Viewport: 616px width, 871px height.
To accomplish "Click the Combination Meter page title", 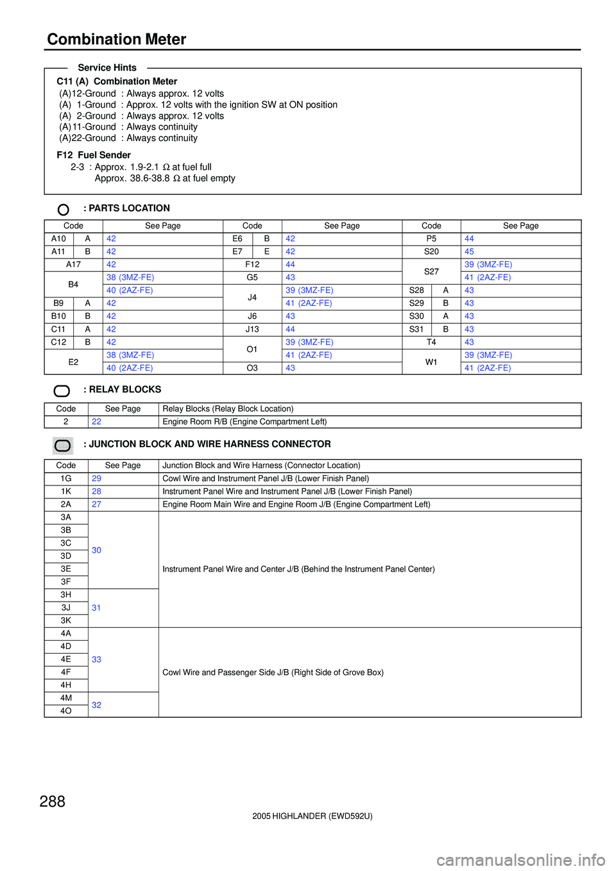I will [116, 39].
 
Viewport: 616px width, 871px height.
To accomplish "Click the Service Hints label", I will [107, 67].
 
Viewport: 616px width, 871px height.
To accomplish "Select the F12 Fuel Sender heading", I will [94, 155].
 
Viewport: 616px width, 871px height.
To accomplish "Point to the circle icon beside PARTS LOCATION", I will [64, 210].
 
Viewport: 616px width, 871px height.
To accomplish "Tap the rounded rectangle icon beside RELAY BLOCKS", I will [62, 391].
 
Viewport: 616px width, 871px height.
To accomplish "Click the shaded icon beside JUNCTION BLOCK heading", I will [63, 445].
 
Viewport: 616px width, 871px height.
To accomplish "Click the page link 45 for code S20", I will [469, 251].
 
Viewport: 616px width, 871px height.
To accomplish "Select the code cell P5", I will [431, 239].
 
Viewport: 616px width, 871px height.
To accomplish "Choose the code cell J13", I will [252, 329].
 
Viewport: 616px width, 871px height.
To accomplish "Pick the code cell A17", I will [73, 264].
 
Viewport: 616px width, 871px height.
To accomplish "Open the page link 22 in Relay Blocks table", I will [96, 421].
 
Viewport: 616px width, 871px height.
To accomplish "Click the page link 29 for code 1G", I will [96, 478].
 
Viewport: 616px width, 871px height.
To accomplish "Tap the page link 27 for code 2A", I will [96, 504].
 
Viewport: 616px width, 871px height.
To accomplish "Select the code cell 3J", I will [66, 607].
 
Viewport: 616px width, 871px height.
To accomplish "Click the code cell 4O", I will [66, 711].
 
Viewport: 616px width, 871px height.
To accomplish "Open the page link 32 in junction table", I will [96, 705].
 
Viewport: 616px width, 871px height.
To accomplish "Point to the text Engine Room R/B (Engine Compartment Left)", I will [244, 421].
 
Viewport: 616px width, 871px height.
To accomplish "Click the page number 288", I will [53, 801].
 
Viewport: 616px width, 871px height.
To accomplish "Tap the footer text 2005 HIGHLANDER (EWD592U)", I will [312, 816].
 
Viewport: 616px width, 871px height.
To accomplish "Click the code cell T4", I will [431, 342].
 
